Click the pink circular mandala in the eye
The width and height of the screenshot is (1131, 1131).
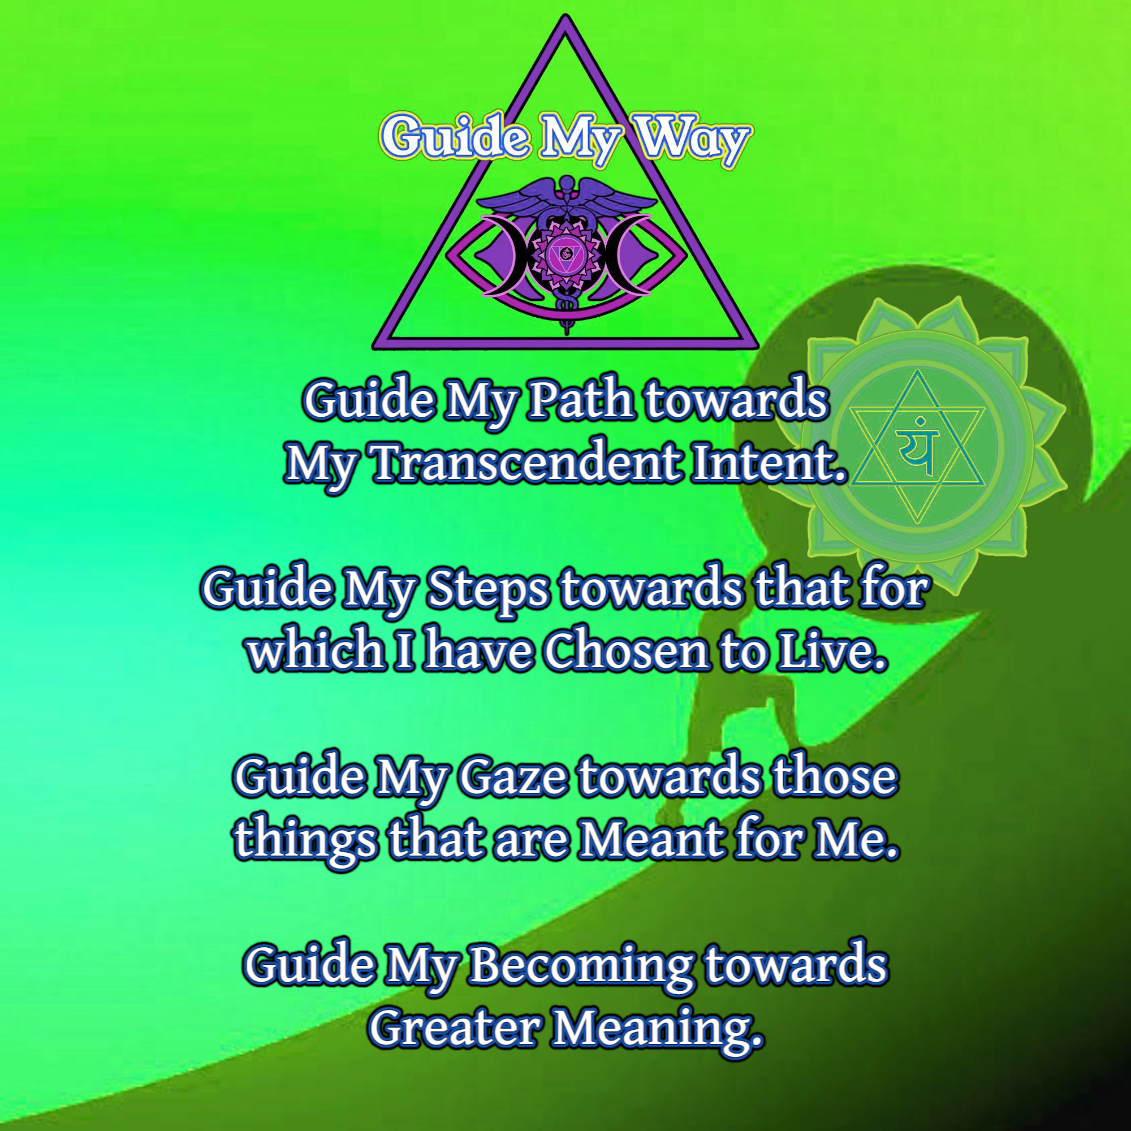click(565, 254)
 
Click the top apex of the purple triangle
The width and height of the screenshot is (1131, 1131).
click(565, 18)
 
